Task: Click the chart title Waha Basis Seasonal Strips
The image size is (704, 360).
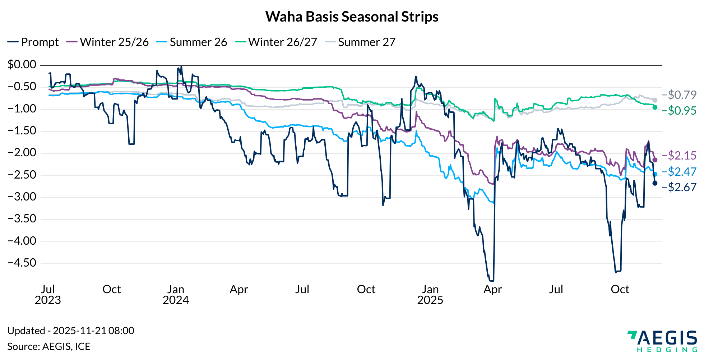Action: tap(352, 17)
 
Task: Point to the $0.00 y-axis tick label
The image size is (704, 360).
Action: tap(22, 65)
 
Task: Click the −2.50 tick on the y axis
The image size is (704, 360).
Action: tap(22, 175)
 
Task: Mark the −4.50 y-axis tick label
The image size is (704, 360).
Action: tap(22, 263)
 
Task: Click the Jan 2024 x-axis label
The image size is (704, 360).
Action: tap(176, 295)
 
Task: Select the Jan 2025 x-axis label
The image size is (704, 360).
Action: tap(430, 295)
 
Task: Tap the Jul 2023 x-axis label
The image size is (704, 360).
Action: tap(48, 295)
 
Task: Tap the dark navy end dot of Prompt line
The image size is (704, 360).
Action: tap(655, 183)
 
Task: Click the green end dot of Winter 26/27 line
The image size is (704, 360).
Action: tap(655, 107)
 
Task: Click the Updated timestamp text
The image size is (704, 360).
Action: tap(71, 331)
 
